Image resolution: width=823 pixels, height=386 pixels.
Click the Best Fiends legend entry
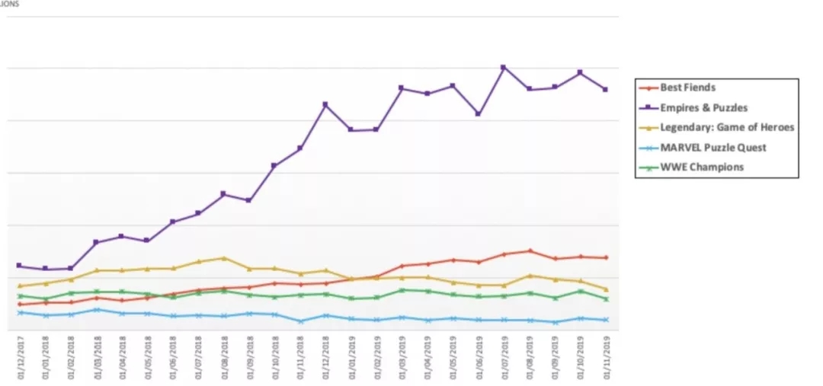click(687, 88)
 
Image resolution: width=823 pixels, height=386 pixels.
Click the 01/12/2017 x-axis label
click(21, 358)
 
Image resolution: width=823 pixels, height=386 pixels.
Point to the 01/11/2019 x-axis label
click(606, 358)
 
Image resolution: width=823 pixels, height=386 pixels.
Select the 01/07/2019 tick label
click(504, 358)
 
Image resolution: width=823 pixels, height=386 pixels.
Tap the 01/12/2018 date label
click(326, 358)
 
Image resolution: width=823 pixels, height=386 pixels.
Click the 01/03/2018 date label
click(97, 358)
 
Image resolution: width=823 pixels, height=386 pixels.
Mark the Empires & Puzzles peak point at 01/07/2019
click(503, 67)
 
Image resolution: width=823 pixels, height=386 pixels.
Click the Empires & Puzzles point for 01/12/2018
click(325, 104)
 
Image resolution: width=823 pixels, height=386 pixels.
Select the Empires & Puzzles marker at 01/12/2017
click(20, 266)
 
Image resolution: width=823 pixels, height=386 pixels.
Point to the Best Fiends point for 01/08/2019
click(529, 250)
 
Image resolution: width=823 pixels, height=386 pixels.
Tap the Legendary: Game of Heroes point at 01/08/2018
click(223, 258)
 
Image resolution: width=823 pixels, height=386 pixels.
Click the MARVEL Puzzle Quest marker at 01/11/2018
click(300, 321)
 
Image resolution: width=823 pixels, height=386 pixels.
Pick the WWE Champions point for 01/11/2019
click(606, 299)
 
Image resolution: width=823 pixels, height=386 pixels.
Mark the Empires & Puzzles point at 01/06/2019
click(478, 113)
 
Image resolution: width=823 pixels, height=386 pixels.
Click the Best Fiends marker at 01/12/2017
click(20, 305)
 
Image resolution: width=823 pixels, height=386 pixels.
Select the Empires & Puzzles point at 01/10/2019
click(580, 72)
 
